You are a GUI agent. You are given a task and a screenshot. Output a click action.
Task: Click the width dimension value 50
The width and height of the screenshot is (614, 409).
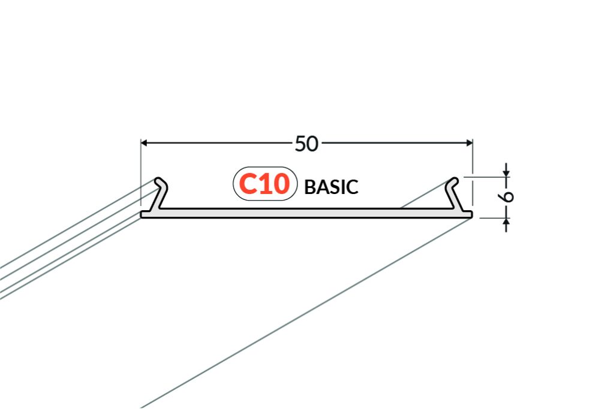point(306,144)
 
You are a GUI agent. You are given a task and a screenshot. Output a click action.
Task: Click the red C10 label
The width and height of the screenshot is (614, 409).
point(264,184)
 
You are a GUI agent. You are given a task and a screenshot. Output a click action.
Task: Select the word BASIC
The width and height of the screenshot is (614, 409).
point(331,187)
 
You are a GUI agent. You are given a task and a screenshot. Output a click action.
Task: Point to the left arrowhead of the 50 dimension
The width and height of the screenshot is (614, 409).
point(144,143)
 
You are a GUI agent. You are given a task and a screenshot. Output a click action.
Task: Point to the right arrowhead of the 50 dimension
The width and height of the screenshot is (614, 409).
point(469,143)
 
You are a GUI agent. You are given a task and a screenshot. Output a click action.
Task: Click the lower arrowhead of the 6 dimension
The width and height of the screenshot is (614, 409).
point(506,222)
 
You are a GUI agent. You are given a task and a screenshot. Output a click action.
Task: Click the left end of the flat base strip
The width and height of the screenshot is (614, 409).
point(142,214)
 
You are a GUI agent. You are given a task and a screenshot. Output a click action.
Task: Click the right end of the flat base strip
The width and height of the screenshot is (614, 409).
point(472,214)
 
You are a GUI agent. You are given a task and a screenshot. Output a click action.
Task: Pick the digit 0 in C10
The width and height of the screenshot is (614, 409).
point(281,184)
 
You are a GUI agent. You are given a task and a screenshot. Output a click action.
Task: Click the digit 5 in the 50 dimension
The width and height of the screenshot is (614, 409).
point(300,144)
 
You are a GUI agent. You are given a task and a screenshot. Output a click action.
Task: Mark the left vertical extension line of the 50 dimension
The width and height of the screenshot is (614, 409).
point(140,172)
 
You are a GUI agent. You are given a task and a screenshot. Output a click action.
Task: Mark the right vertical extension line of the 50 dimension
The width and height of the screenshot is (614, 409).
point(472,172)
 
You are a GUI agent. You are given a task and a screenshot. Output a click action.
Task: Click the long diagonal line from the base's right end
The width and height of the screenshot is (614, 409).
point(306,313)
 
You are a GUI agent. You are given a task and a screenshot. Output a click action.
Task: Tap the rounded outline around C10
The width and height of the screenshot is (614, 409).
point(265,167)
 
